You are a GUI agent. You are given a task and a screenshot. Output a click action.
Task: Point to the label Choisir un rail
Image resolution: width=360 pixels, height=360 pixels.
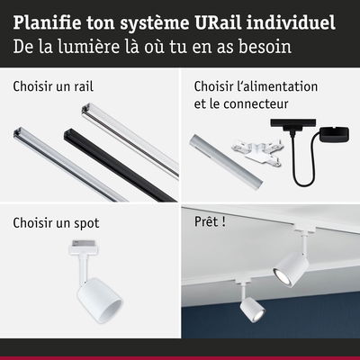tap(53, 86)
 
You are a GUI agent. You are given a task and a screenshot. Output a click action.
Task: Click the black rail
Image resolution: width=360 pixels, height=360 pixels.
tap(120, 165)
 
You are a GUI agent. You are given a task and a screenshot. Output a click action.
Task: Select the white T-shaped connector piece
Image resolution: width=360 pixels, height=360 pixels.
tap(256, 152)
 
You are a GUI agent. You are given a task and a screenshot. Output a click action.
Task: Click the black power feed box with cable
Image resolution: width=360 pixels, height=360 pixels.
tap(334, 135)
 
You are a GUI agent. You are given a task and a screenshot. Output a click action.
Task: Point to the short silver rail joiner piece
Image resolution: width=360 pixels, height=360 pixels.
tap(226, 162)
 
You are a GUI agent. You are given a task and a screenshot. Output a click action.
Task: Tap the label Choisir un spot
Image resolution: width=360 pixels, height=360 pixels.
tap(56, 223)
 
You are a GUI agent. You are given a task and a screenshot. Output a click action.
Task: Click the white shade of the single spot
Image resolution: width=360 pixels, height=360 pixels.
tap(100, 301)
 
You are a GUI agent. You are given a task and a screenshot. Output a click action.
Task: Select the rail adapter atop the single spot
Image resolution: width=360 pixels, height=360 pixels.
tap(83, 247)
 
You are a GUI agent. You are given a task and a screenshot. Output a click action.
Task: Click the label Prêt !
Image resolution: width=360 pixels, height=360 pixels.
tap(210, 221)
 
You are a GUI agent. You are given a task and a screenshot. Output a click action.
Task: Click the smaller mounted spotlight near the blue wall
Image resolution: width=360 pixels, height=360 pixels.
tap(252, 308)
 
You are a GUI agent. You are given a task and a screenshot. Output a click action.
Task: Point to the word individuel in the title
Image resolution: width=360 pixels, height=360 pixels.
tap(291, 22)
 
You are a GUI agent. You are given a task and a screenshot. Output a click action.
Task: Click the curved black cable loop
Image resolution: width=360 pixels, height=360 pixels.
tap(303, 171)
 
